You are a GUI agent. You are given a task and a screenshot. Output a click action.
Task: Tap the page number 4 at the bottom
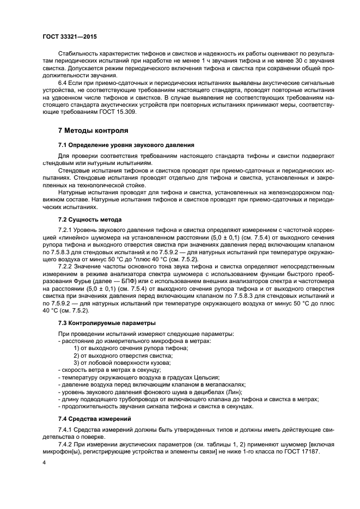tap(43, 462)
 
